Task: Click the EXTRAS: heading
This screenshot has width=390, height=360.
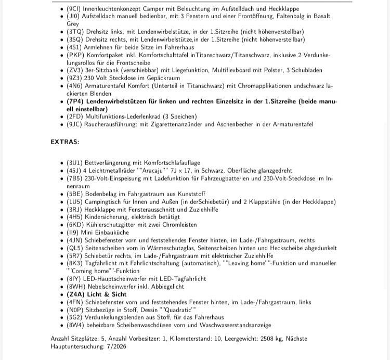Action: tap(64, 142)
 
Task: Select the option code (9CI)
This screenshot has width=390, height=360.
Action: tap(75, 9)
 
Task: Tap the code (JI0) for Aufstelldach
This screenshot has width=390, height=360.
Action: tap(74, 17)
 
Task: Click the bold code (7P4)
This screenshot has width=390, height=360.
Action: tap(76, 101)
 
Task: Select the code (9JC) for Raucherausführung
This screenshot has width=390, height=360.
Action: tap(75, 124)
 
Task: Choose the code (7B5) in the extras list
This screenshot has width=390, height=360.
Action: tap(75, 178)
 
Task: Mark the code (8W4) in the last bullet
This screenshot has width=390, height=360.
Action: tap(75, 325)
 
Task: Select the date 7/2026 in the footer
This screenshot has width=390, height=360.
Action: tap(118, 346)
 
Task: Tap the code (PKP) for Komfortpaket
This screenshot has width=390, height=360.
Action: tap(75, 55)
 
